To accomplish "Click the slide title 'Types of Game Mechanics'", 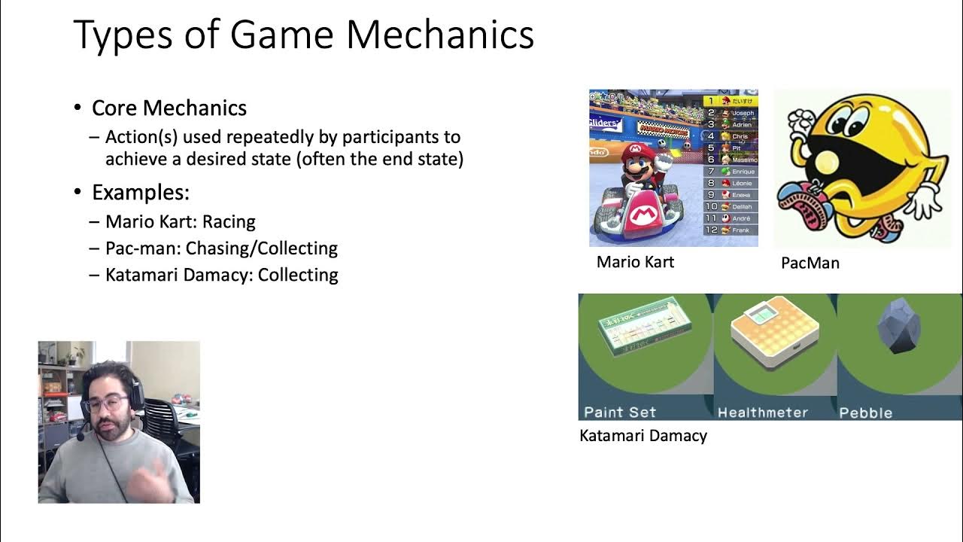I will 303,35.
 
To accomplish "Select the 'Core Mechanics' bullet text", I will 169,108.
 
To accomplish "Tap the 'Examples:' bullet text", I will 140,192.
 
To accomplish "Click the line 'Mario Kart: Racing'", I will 181,221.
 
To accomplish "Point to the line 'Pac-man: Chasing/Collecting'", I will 221,248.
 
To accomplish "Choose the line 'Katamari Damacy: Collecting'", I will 221,275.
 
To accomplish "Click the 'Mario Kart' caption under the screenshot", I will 635,262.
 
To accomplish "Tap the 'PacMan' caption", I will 810,263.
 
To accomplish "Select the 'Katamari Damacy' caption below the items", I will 643,435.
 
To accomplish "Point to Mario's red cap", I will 634,151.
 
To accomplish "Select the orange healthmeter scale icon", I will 774,330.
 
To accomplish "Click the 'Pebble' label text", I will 865,413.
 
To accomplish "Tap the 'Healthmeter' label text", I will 762,413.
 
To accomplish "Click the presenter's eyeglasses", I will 106,403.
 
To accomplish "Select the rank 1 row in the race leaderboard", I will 730,100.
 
